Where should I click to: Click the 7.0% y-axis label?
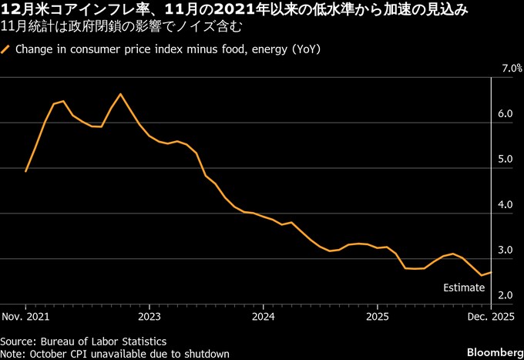pos(512,69)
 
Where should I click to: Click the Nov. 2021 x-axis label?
pos(25,317)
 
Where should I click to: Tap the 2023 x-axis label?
pos(149,317)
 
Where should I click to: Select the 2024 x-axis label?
pos(263,317)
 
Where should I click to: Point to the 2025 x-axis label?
pos(378,317)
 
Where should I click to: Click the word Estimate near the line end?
pos(464,288)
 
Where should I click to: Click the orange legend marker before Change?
pos(6,49)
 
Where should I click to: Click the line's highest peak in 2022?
pos(120,94)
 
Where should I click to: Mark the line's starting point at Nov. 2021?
pos(25,171)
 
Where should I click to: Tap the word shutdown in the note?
pos(203,354)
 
